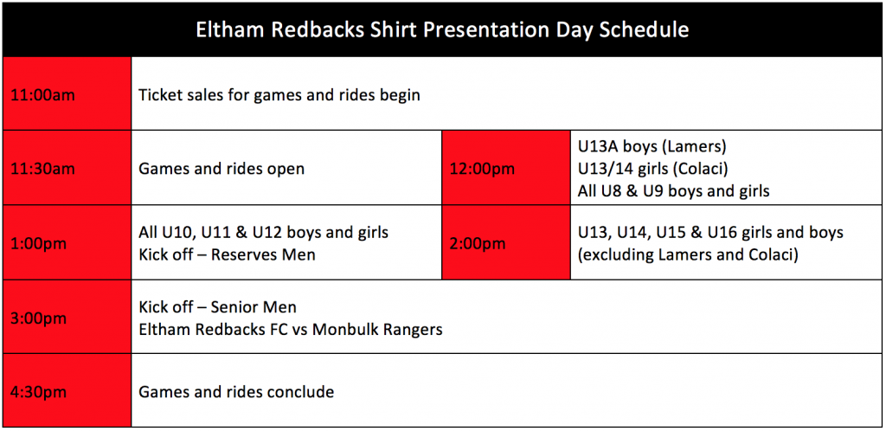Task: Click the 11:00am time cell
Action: pyautogui.click(x=67, y=93)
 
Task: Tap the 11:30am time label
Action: pyautogui.click(x=42, y=169)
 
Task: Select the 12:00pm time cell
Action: pyautogui.click(x=505, y=168)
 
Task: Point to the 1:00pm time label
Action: pyautogui.click(x=38, y=244)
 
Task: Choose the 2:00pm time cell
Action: pyautogui.click(x=505, y=242)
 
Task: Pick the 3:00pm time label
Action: pyautogui.click(x=38, y=318)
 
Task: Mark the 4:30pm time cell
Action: pyautogui.click(x=67, y=391)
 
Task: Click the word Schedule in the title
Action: pyautogui.click(x=640, y=30)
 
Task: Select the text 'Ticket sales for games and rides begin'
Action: pyautogui.click(x=279, y=95)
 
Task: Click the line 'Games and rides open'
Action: pyautogui.click(x=221, y=169)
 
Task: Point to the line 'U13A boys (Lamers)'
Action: pyautogui.click(x=652, y=147)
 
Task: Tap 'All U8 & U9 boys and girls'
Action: pyautogui.click(x=673, y=191)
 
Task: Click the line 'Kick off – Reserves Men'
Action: pyautogui.click(x=228, y=254)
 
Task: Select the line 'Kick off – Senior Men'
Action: pyautogui.click(x=217, y=307)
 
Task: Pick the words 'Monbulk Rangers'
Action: pyautogui.click(x=377, y=330)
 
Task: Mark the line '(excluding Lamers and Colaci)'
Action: pyautogui.click(x=688, y=254)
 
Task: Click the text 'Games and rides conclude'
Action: pyautogui.click(x=236, y=391)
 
